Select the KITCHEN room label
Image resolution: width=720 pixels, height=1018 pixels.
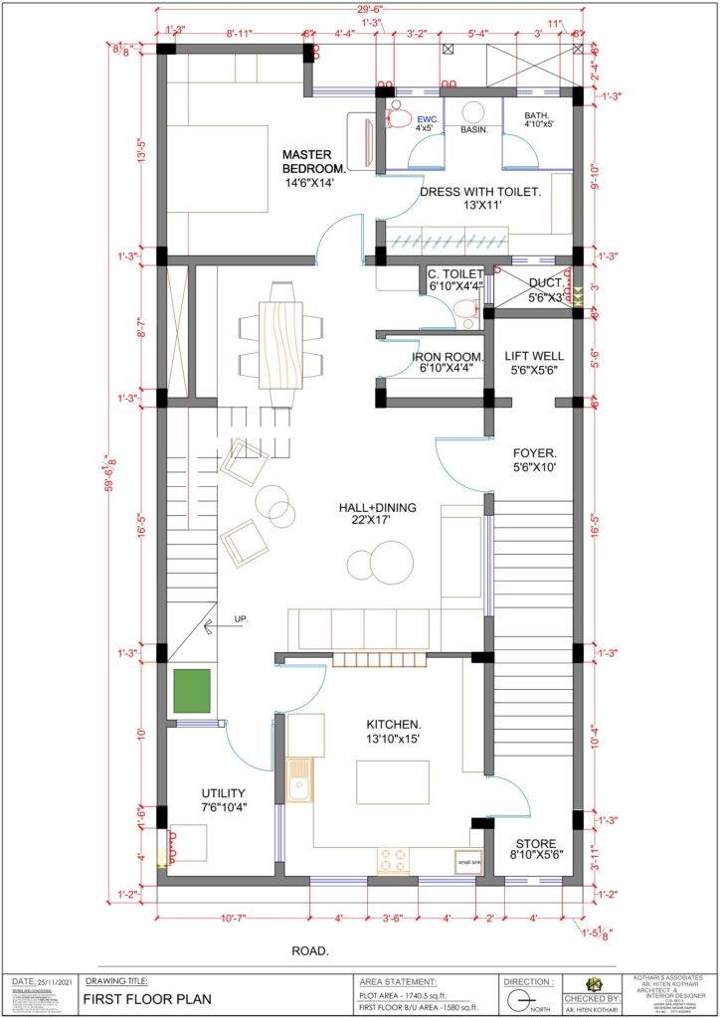click(394, 724)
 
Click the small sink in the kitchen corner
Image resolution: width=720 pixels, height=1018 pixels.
click(467, 862)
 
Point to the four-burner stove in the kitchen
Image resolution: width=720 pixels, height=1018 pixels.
click(393, 858)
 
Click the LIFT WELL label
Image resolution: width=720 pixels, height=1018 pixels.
click(534, 356)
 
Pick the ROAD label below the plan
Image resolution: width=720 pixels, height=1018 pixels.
click(311, 951)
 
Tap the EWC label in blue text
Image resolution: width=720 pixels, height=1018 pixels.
click(427, 118)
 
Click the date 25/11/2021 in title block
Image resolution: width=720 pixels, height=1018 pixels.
click(56, 981)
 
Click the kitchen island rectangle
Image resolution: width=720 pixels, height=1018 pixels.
click(393, 782)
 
